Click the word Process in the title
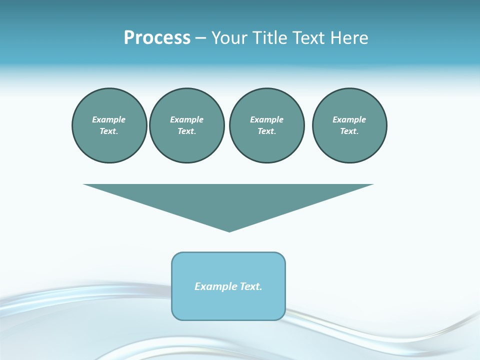tap(157, 38)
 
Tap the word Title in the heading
tap(270, 38)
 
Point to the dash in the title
tap(200, 38)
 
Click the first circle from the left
tap(109, 125)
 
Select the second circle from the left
tap(186, 125)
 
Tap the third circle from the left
tap(266, 125)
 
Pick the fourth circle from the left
tap(349, 125)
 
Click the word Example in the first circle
tap(109, 119)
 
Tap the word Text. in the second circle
tap(186, 131)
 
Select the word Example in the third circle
tap(266, 119)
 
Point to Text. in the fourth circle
tap(349, 131)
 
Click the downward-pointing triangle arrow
tap(228, 200)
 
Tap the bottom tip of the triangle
tap(229, 230)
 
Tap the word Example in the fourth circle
tap(349, 119)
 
